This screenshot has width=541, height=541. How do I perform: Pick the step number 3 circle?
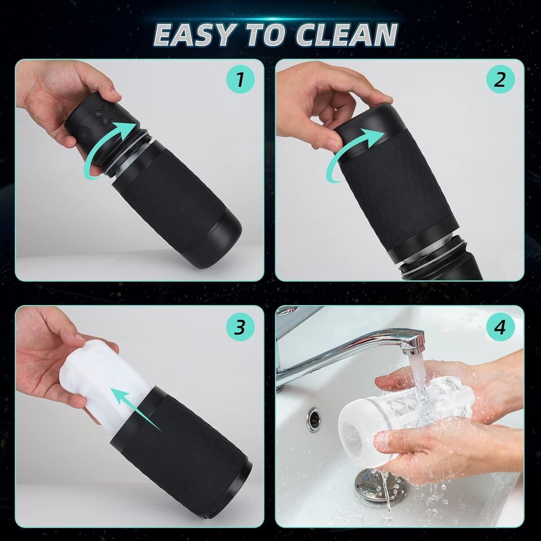pos(240,328)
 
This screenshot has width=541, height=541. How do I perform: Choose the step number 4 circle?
pos(500,328)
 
